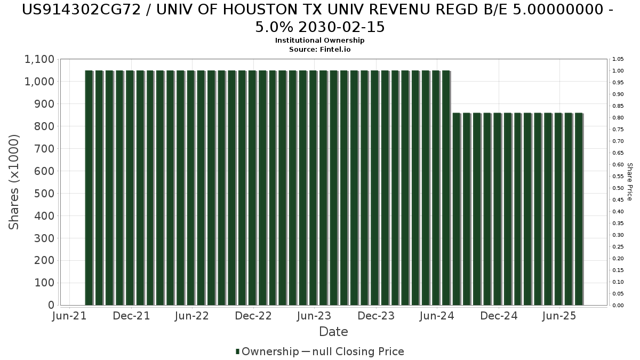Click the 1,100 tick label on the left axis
pyautogui.click(x=39, y=59)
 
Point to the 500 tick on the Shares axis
pyautogui.click(x=44, y=194)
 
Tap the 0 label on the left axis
pyautogui.click(x=51, y=305)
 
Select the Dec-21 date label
pyautogui.click(x=131, y=316)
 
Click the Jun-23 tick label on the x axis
pyautogui.click(x=314, y=316)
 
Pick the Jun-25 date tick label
pyautogui.click(x=559, y=316)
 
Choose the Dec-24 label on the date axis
pyautogui.click(x=499, y=316)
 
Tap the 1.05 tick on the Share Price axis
pyautogui.click(x=618, y=59)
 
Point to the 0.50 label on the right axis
pyautogui.click(x=618, y=188)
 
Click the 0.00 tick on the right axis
pyautogui.click(x=618, y=306)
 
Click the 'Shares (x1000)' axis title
pyautogui.click(x=14, y=182)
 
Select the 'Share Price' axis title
pyautogui.click(x=630, y=182)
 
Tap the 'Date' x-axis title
pyautogui.click(x=333, y=332)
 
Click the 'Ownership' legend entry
pyautogui.click(x=267, y=351)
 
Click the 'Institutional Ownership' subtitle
pyautogui.click(x=319, y=41)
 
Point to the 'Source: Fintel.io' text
pyautogui.click(x=319, y=50)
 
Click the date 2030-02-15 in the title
pyautogui.click(x=341, y=27)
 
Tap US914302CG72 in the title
pyautogui.click(x=82, y=10)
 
